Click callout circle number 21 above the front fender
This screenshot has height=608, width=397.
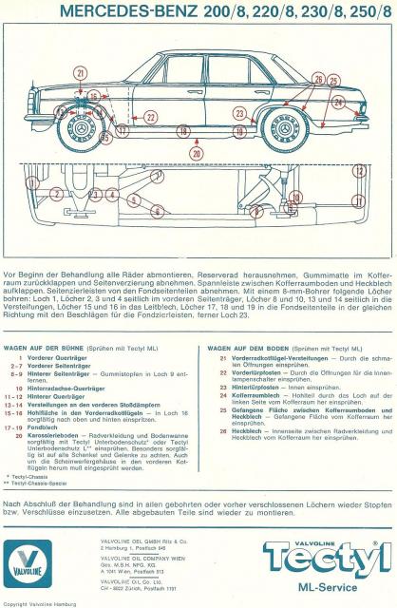pyautogui.click(x=80, y=72)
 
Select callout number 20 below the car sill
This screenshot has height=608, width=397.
pyautogui.click(x=197, y=152)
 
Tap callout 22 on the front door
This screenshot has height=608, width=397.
pyautogui.click(x=150, y=117)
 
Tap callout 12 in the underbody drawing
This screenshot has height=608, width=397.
pyautogui.click(x=358, y=171)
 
